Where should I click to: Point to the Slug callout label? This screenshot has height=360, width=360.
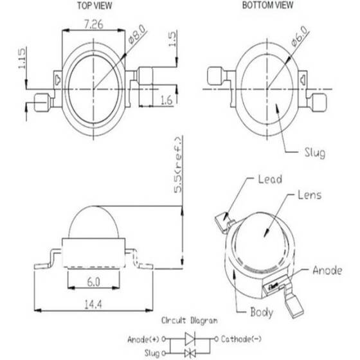tap(314, 153)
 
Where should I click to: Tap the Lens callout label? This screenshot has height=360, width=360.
tap(309, 195)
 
